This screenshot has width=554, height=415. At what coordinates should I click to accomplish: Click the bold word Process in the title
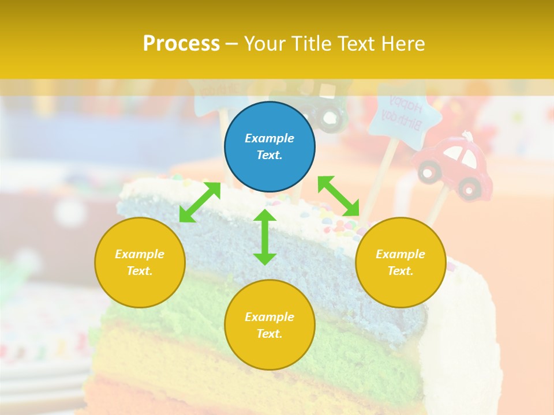pyautogui.click(x=181, y=44)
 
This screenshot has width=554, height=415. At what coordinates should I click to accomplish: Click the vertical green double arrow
pyautogui.click(x=265, y=237)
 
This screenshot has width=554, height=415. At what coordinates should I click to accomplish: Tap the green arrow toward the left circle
pyautogui.click(x=200, y=202)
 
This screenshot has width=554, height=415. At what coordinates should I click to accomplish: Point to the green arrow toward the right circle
pyautogui.click(x=338, y=196)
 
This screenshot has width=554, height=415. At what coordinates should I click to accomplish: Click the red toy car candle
pyautogui.click(x=456, y=167)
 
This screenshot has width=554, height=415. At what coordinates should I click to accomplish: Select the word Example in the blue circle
pyautogui.click(x=269, y=138)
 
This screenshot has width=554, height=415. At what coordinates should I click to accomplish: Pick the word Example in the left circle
pyautogui.click(x=140, y=254)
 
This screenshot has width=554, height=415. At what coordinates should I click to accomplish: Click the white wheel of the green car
pyautogui.click(x=330, y=118)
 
